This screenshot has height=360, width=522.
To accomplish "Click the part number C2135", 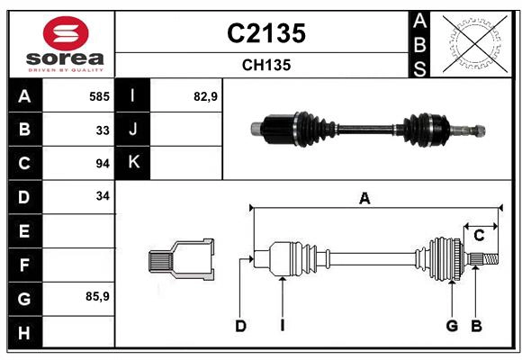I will point(265,33).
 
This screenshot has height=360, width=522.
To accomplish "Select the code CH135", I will point(265,65).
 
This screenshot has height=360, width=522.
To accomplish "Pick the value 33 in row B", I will point(103,130).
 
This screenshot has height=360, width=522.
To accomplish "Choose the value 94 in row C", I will point(103,163).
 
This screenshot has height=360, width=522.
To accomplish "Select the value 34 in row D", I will point(103,196).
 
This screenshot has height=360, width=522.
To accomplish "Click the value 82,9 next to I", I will point(206,96).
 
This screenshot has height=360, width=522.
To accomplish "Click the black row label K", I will point(133,163).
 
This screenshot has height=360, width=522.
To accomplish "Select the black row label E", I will point(23,230).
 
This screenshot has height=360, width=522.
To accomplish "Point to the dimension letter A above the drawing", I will point(364,199).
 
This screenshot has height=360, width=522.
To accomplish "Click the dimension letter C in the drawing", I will point(480,235).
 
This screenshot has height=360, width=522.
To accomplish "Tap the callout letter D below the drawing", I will point(241,326).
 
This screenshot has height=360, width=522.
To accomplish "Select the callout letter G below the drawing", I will point(453,326).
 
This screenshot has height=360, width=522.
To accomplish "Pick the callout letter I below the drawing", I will point(282,326).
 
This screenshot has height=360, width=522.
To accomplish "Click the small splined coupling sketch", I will point(181,259).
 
